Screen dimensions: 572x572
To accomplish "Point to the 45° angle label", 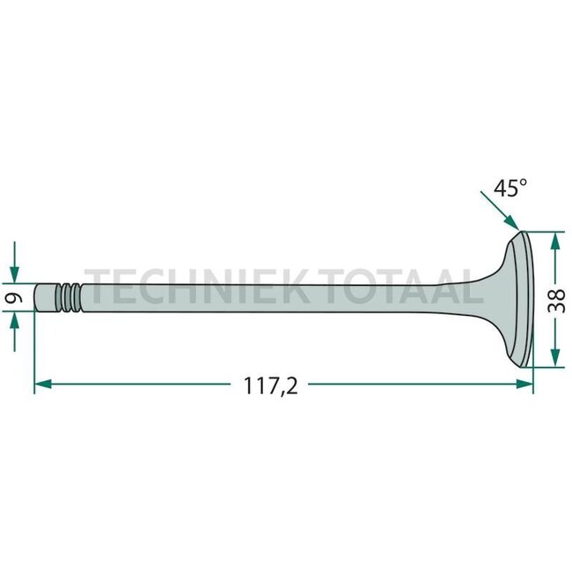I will [x=511, y=188].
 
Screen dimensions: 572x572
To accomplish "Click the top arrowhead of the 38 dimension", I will [x=554, y=238].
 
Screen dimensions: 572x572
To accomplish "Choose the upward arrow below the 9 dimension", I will [x=14, y=321].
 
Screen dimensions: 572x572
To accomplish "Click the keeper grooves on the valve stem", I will [x=69, y=297].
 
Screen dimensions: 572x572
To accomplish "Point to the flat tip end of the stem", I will [x=36, y=297].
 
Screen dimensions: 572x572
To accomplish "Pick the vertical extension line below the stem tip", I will [x=34, y=352].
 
